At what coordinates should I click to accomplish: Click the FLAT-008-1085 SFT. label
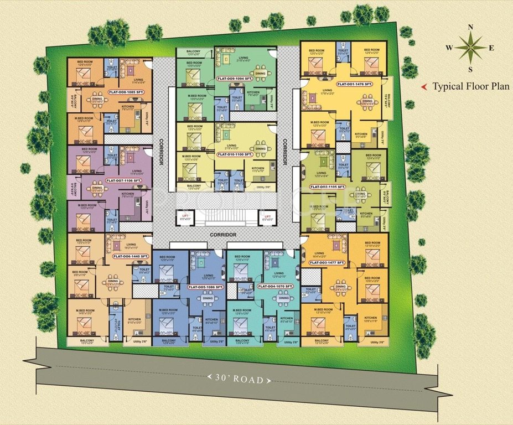[x=127, y=93]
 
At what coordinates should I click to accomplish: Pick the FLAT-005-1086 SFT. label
[x=205, y=287]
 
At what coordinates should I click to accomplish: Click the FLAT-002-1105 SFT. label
[x=328, y=186]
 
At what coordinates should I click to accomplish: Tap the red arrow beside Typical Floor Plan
[x=424, y=87]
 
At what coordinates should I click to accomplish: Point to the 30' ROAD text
[x=240, y=380]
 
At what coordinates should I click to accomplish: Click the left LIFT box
[x=184, y=217]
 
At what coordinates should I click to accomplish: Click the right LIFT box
[x=268, y=217]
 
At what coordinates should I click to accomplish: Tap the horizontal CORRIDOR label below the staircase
[x=223, y=235]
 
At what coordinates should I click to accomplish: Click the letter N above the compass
[x=470, y=27]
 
